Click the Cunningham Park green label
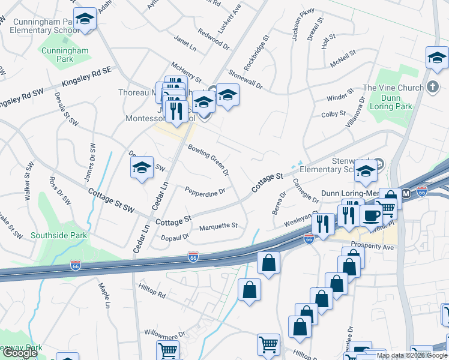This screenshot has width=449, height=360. click(x=65, y=55)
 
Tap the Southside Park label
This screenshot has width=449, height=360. click(x=59, y=235)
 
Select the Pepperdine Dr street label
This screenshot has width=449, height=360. click(x=205, y=192)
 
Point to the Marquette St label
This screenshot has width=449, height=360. click(x=218, y=226)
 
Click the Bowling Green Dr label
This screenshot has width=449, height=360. click(x=209, y=160)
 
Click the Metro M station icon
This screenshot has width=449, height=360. click(x=406, y=194)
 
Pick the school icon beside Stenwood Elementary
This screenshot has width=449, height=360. click(x=365, y=172)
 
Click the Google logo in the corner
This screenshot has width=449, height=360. click(x=20, y=353)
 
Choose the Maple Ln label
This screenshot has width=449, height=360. click(x=104, y=290)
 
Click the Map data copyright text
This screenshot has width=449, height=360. click(x=411, y=355)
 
